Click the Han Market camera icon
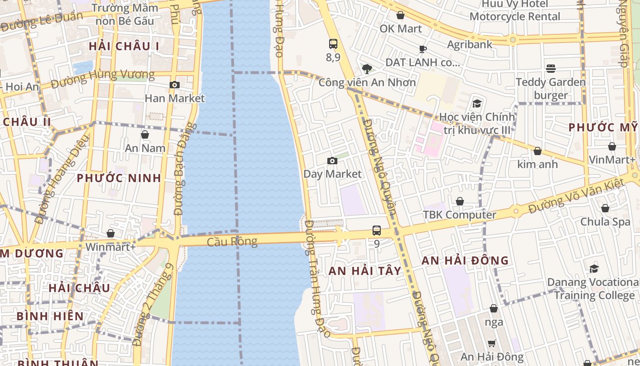(x=174, y=85)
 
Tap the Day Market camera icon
(x=332, y=161)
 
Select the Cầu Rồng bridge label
(x=232, y=242)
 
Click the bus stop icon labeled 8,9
(x=333, y=44)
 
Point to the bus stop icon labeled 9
(x=377, y=231)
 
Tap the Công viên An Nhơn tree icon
(x=367, y=69)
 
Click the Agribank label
(x=469, y=44)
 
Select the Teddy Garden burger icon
(x=551, y=69)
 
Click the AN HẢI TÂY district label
(x=365, y=271)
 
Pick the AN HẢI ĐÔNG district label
(x=465, y=260)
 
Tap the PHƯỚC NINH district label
(x=119, y=178)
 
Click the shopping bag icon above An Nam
(x=145, y=135)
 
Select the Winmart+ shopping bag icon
(x=111, y=233)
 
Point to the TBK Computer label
(x=459, y=215)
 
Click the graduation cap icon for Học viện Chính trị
(x=477, y=103)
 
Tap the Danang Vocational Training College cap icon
(x=594, y=269)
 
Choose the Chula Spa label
(x=605, y=222)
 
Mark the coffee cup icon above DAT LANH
(x=423, y=49)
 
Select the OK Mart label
(x=400, y=28)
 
